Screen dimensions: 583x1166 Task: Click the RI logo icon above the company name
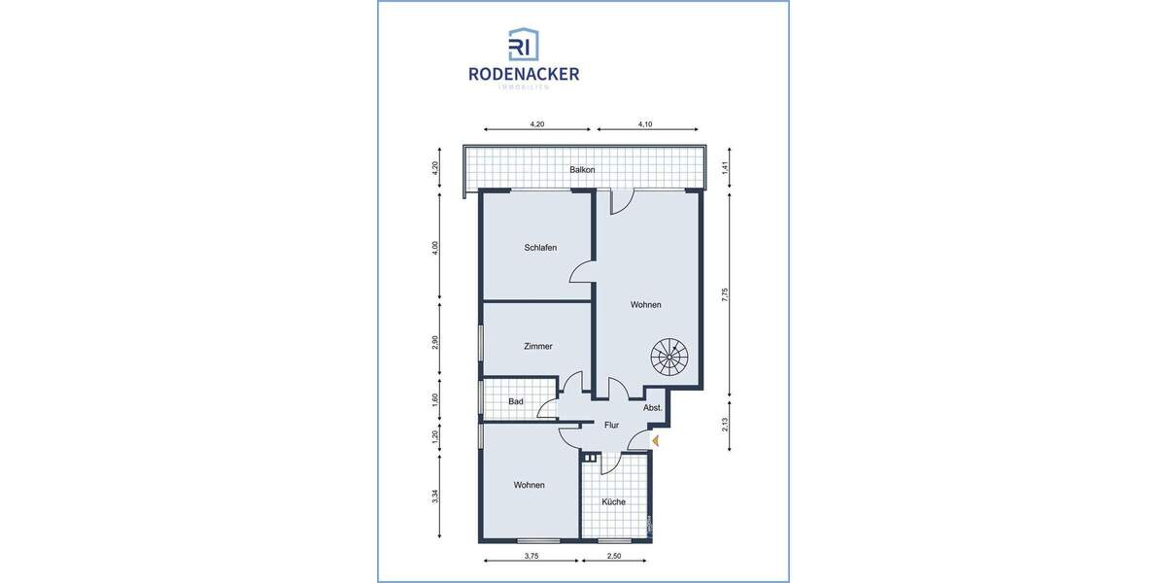tap(524, 45)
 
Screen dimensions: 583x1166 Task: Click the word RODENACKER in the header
tap(524, 74)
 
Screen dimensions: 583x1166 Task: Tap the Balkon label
tap(583, 170)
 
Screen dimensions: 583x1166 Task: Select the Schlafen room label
tap(540, 248)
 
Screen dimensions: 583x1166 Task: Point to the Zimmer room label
tap(537, 346)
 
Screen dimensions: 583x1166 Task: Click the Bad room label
tap(516, 401)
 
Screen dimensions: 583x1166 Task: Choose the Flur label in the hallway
tap(611, 425)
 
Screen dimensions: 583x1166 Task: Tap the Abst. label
tap(653, 408)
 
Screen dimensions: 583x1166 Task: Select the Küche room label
tap(613, 502)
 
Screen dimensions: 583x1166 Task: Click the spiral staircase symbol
tap(668, 358)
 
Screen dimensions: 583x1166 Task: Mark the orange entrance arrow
tap(656, 441)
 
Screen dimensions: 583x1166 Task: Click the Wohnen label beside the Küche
tap(530, 485)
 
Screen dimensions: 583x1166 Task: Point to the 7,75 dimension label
tap(725, 296)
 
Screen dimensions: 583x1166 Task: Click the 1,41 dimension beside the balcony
tap(725, 169)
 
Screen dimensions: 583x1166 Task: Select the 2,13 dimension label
tap(725, 426)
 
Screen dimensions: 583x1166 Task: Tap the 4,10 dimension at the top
tap(646, 124)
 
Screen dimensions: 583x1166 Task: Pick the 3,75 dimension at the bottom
tap(531, 557)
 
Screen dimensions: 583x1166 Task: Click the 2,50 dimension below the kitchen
tap(615, 557)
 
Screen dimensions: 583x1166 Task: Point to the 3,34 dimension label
tap(436, 497)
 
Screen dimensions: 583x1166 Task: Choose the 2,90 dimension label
tap(436, 343)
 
